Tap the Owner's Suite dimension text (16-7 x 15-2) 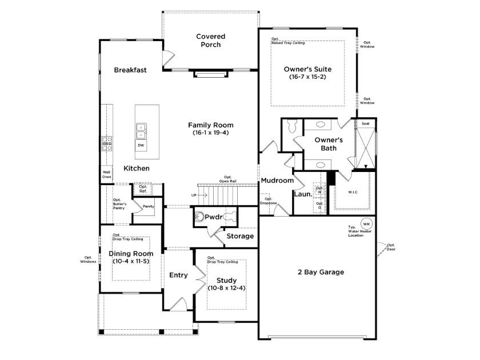[x=307, y=77]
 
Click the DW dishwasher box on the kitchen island [x=141, y=146]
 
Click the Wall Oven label [x=106, y=174]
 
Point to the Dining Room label [x=131, y=254]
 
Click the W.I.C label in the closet [x=353, y=191]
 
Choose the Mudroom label [x=277, y=181]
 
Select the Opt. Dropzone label [x=268, y=201]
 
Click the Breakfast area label [x=130, y=70]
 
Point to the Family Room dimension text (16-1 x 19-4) [x=211, y=133]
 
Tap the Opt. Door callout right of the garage [x=391, y=247]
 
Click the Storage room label [x=240, y=236]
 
